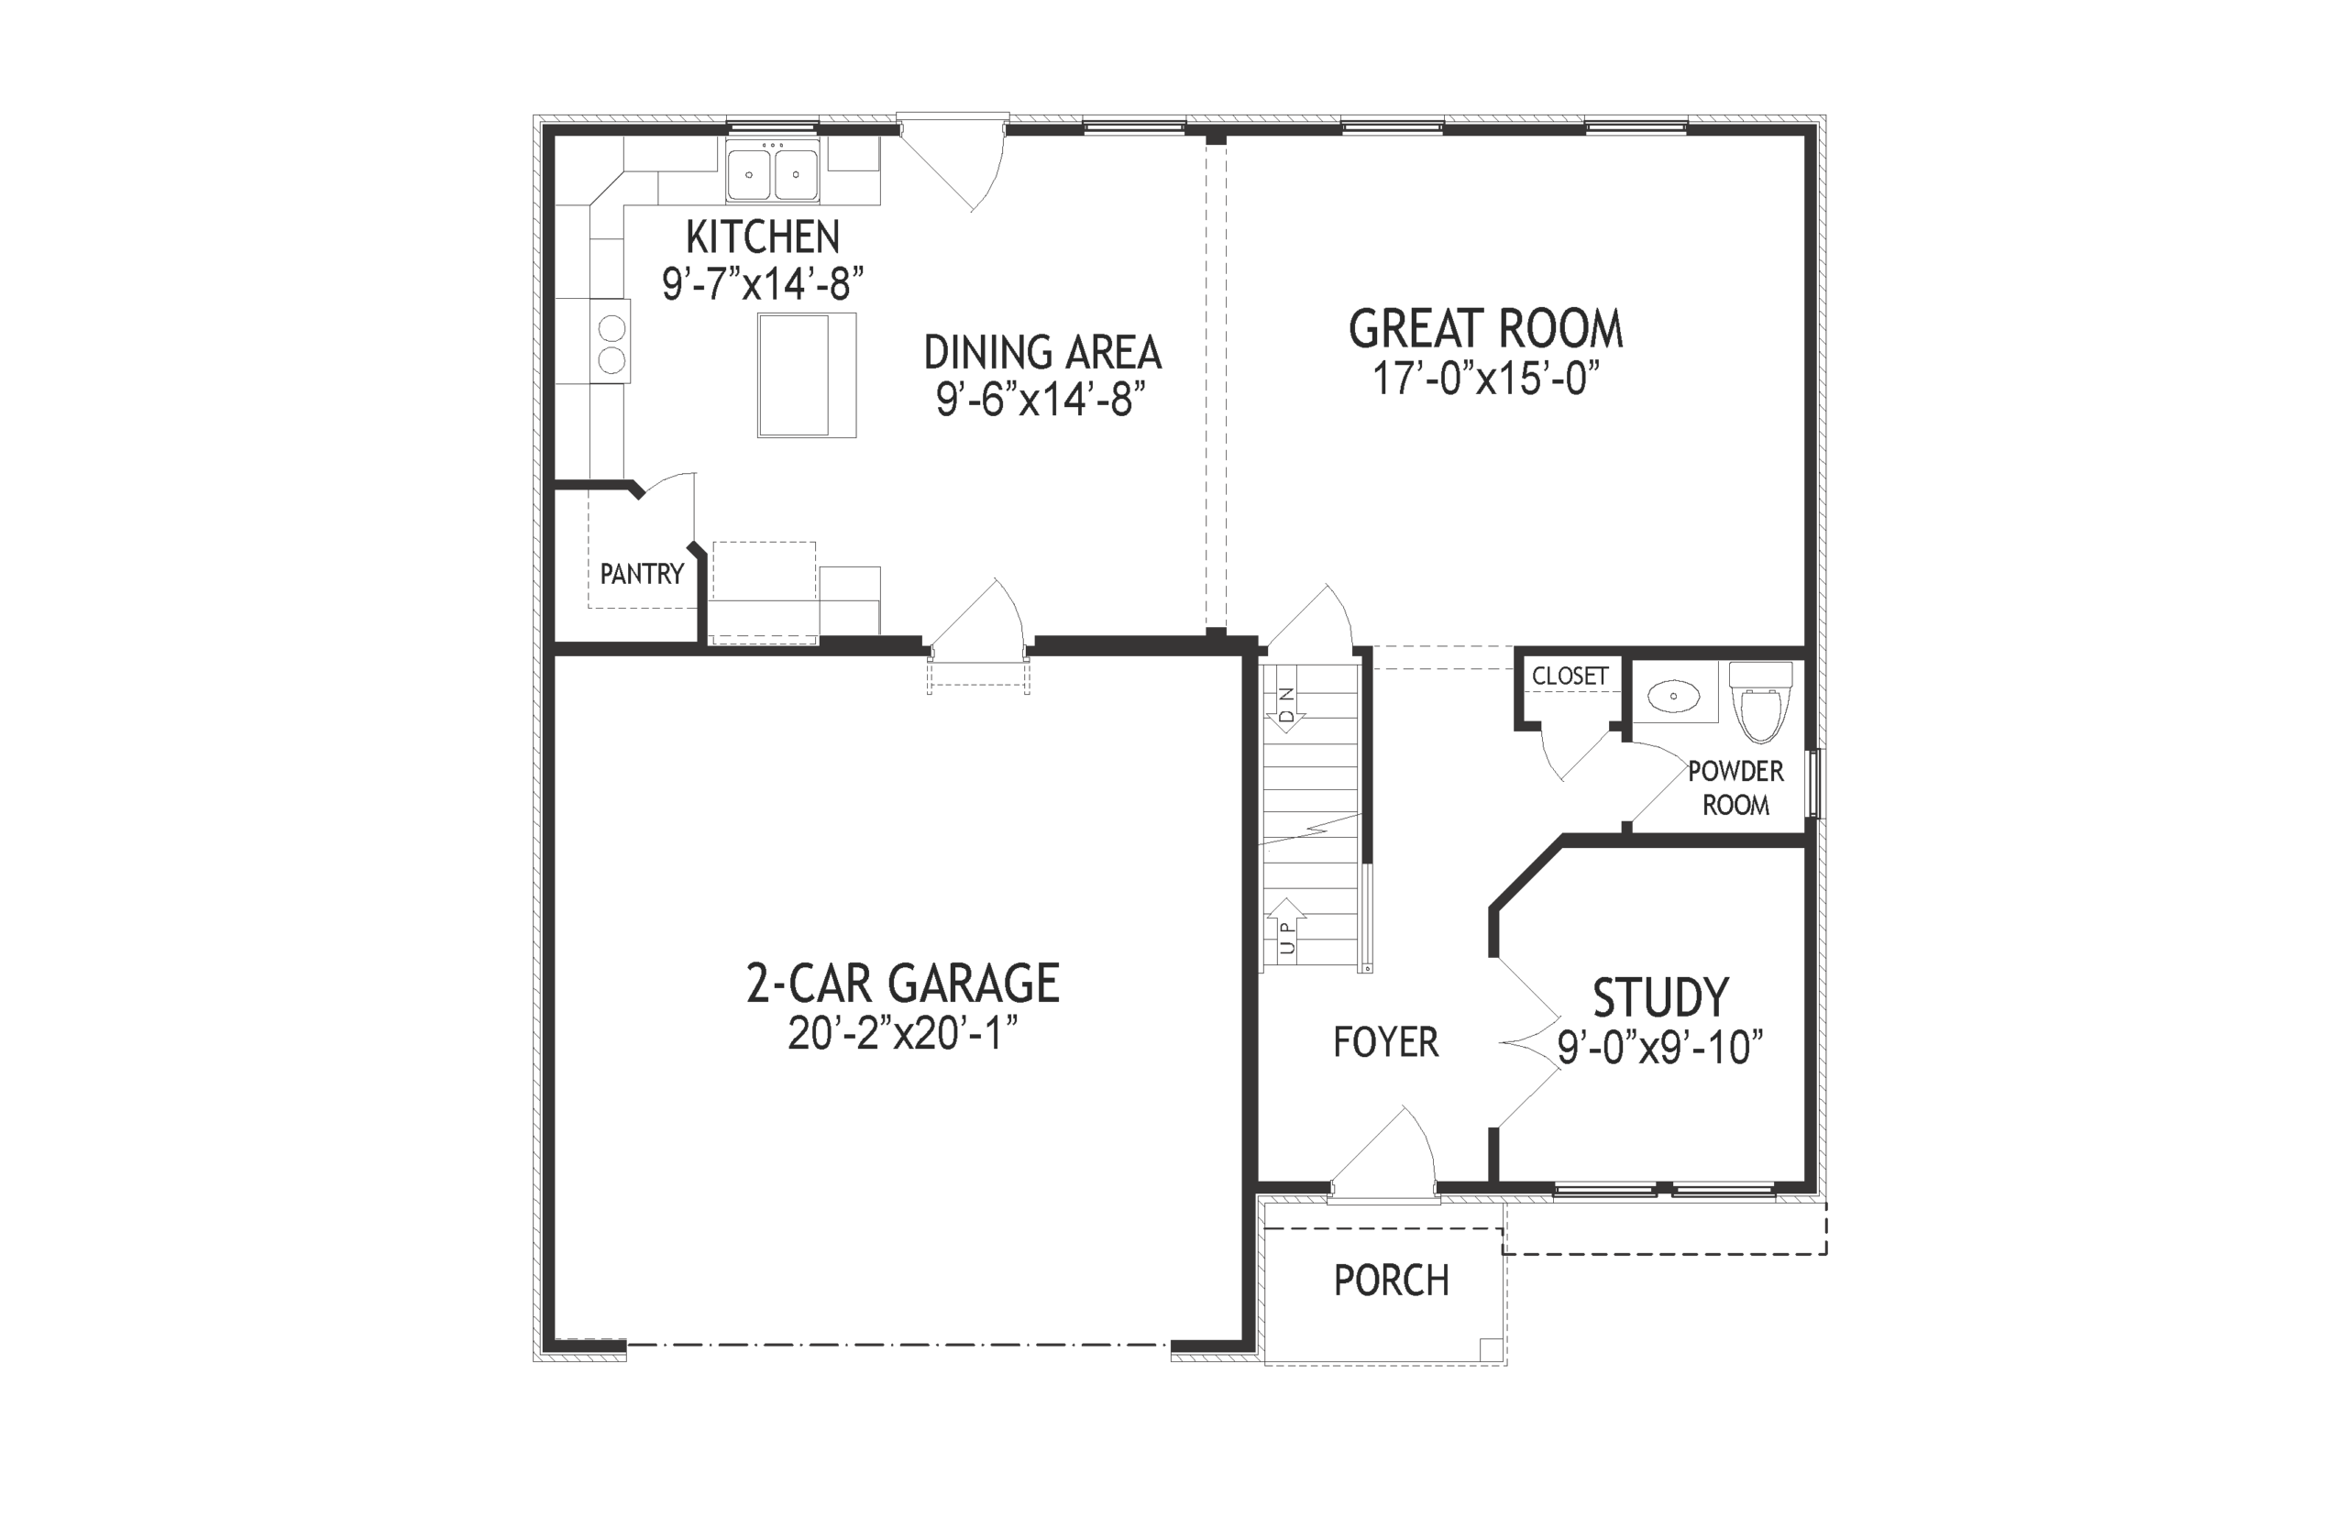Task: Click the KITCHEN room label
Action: [762, 237]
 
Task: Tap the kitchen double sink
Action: [772, 173]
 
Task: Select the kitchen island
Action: [805, 375]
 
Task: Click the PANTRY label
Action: [642, 574]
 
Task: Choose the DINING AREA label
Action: [1041, 353]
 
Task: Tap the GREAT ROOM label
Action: [1484, 329]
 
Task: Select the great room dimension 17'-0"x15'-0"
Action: [1484, 378]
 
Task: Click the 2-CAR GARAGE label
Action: [902, 983]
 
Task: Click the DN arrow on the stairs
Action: [1286, 706]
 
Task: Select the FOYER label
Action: [1385, 1042]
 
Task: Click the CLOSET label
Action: [1570, 676]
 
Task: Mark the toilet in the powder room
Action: [1760, 703]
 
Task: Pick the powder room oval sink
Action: [1673, 697]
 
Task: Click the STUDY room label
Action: [1660, 997]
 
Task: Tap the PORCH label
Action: [1391, 1281]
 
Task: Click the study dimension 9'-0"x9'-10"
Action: [1660, 1047]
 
